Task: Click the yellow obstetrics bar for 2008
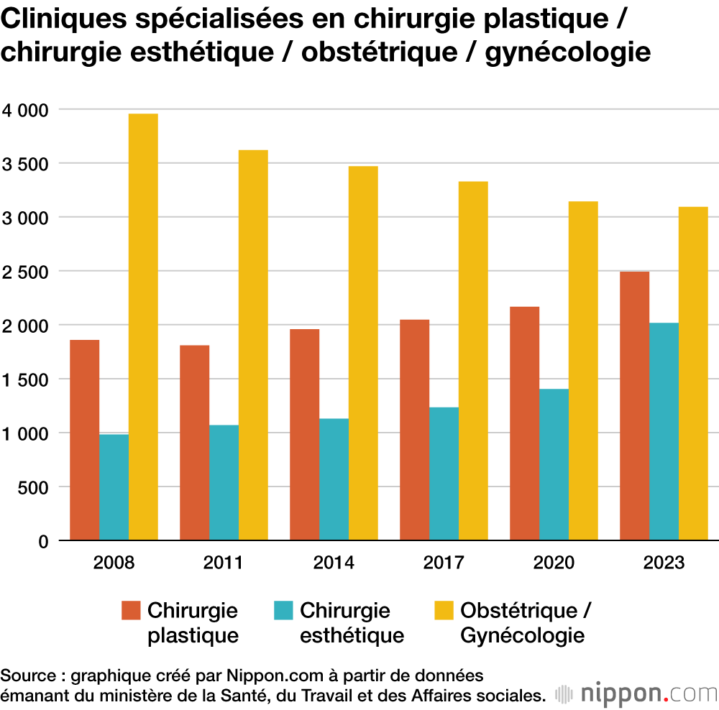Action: (x=143, y=327)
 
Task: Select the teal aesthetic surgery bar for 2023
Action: (x=664, y=431)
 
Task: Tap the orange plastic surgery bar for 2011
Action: (x=194, y=443)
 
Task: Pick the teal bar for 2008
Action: (x=114, y=487)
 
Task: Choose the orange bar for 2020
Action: (x=524, y=423)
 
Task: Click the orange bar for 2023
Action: (x=634, y=406)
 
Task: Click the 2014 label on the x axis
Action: (x=334, y=562)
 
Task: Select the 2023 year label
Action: (x=664, y=562)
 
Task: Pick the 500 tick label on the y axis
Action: (x=33, y=487)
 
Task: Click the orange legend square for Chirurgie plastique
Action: (x=131, y=610)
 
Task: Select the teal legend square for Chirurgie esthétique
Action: (x=284, y=610)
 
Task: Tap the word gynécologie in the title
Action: (x=568, y=52)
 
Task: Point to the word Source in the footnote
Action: (x=27, y=676)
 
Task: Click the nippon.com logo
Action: (x=636, y=693)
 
